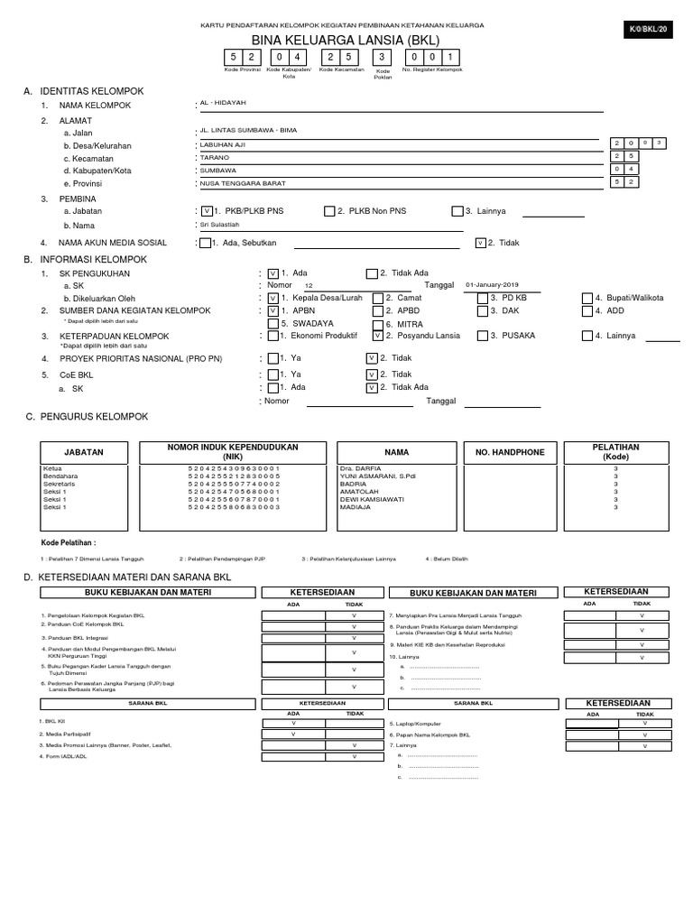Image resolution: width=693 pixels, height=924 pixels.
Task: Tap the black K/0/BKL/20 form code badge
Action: click(650, 30)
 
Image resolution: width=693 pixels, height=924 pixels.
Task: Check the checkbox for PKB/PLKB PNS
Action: click(208, 211)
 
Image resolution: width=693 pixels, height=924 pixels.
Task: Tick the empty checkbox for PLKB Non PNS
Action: click(329, 211)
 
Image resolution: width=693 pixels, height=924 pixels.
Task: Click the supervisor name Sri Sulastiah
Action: click(219, 225)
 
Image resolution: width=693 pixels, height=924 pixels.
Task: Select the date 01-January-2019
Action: click(493, 283)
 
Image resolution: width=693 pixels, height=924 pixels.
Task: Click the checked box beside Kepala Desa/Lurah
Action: click(273, 298)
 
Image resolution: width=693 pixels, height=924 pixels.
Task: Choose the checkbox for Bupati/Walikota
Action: click(587, 298)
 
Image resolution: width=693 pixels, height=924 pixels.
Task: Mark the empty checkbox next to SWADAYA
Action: click(273, 322)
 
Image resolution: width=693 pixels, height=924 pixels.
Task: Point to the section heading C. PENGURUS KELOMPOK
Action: click(87, 416)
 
